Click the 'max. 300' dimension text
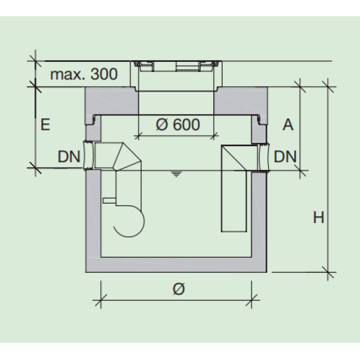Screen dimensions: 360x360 coord(84,74)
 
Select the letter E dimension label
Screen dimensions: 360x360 coord(46,124)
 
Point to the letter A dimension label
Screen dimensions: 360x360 coord(287,124)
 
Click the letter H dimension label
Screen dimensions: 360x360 coord(318,217)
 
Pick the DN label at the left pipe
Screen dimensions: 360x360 coord(69,156)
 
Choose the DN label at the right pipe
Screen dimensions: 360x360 coord(285,156)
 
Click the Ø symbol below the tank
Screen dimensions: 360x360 coord(177,289)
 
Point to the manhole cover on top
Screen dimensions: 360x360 coord(176,67)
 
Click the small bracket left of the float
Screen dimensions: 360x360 coord(109,200)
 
